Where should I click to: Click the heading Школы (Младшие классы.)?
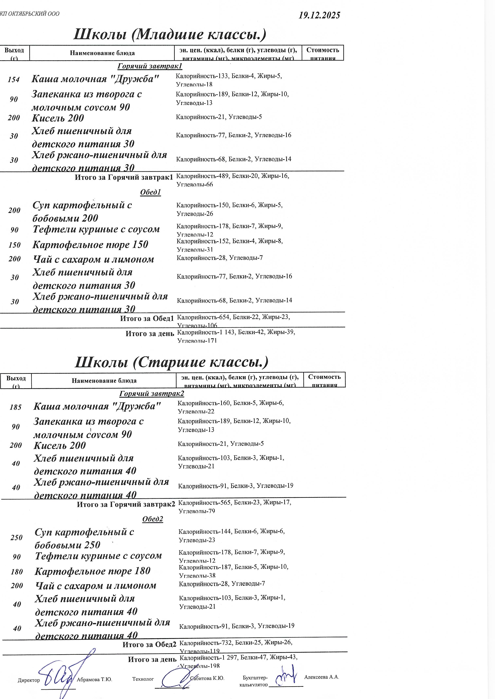tap(170, 34)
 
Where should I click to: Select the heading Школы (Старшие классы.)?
tap(171, 362)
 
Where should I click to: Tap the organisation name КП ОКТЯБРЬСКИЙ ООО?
tap(30, 14)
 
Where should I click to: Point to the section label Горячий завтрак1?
tap(150, 66)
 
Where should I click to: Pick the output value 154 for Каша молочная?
tap(14, 79)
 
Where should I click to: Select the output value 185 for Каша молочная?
tap(16, 407)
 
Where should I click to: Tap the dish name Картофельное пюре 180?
tap(92, 571)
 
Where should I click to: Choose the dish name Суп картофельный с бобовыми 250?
tap(84, 538)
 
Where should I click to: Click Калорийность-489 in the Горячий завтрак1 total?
tap(202, 176)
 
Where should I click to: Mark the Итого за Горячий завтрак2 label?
tap(126, 504)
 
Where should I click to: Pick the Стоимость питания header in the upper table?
tap(323, 53)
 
